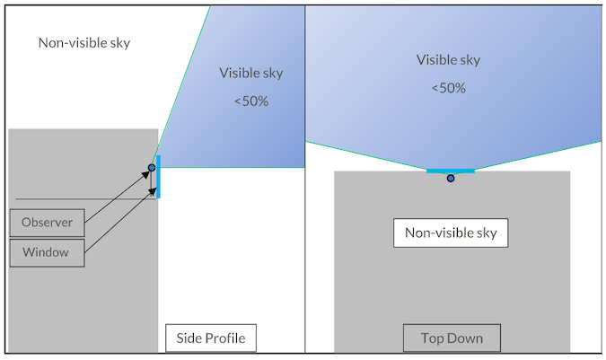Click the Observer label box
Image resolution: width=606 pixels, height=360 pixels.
pyautogui.click(x=47, y=222)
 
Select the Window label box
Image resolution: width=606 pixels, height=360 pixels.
pyautogui.click(x=47, y=252)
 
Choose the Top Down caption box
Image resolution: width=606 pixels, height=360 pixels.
pyautogui.click(x=452, y=338)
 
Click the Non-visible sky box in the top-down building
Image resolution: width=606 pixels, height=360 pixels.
pyautogui.click(x=451, y=233)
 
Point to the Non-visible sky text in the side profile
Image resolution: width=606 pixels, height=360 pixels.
pyautogui.click(x=84, y=42)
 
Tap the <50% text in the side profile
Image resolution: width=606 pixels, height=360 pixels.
pyautogui.click(x=251, y=101)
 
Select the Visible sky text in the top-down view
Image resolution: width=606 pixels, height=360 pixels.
pyautogui.click(x=448, y=60)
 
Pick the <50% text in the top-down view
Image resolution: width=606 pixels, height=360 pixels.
pyautogui.click(x=448, y=88)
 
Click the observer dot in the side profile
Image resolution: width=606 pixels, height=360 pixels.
pyautogui.click(x=152, y=167)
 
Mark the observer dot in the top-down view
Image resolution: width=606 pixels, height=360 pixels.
pyautogui.click(x=451, y=178)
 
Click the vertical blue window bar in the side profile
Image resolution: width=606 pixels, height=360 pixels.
pyautogui.click(x=159, y=177)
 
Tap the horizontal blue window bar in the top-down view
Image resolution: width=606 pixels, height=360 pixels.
pyautogui.click(x=450, y=170)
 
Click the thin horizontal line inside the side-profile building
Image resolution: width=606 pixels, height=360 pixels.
pyautogui.click(x=81, y=198)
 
